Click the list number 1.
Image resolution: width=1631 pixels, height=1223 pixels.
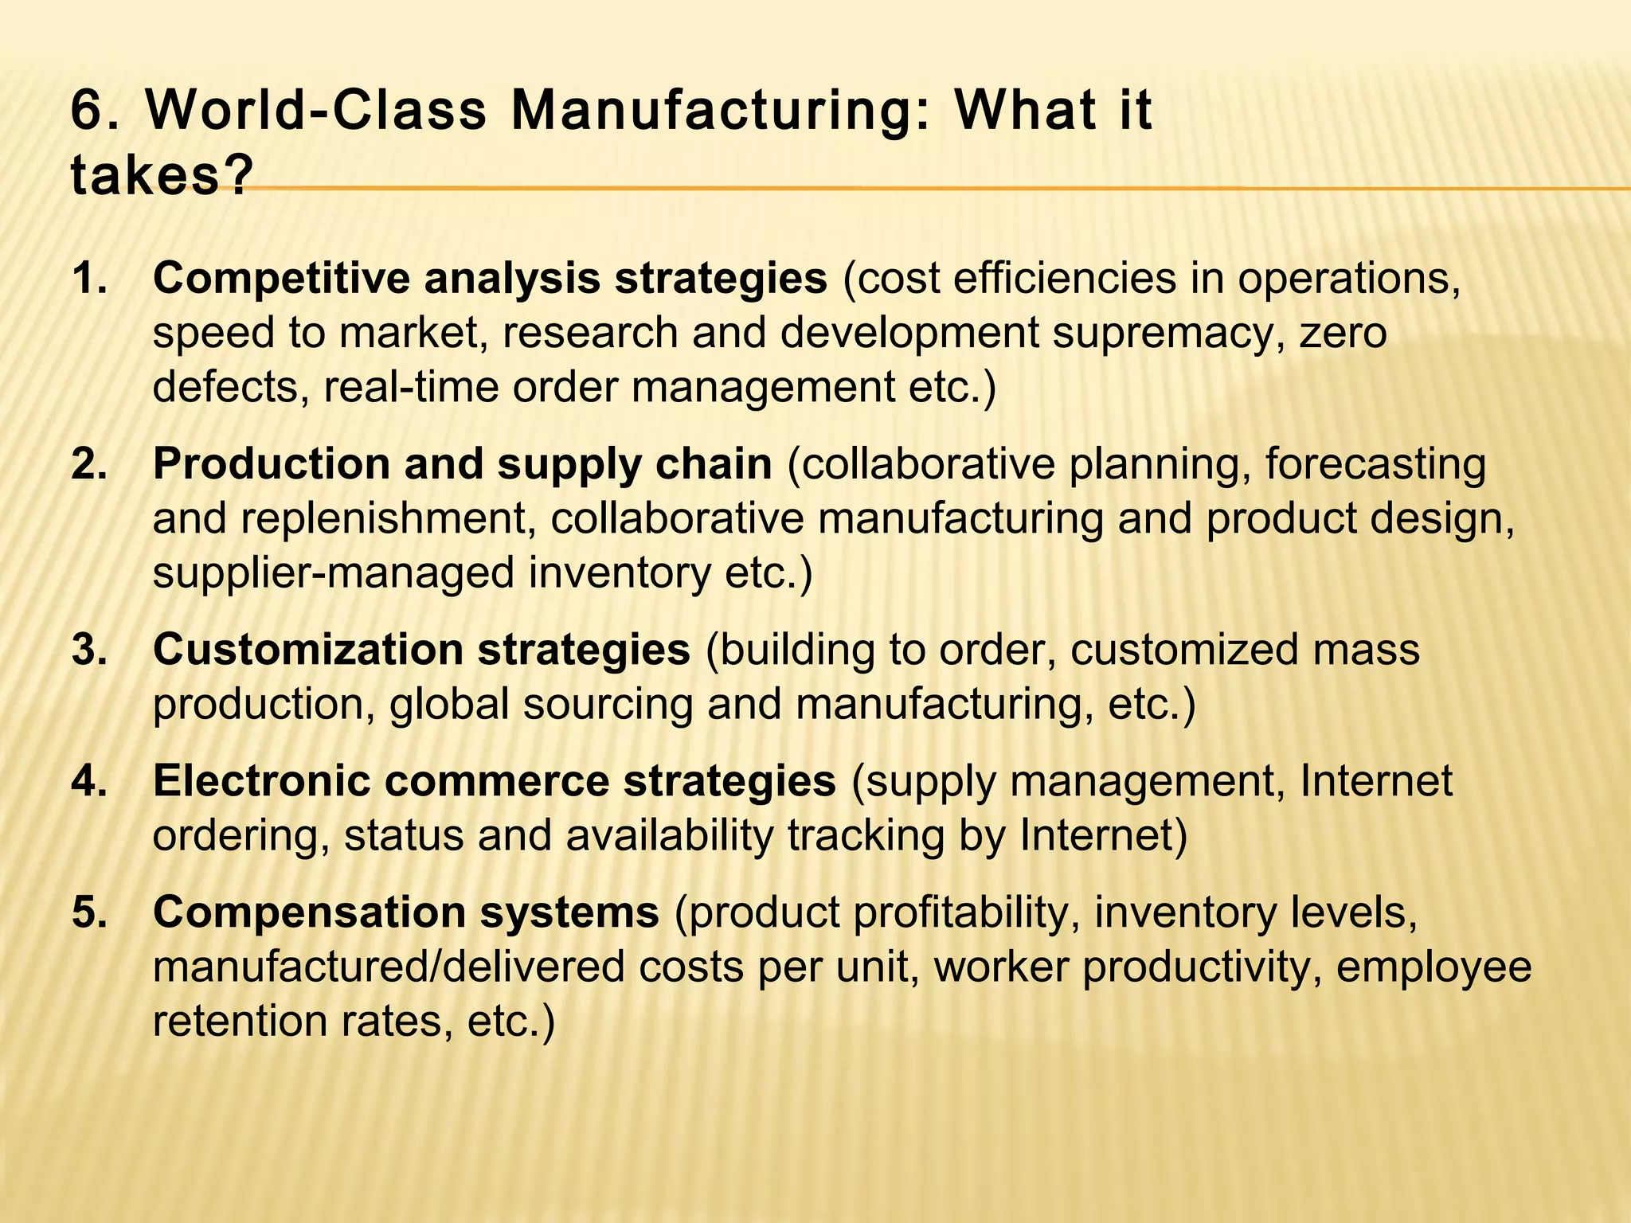click(x=88, y=279)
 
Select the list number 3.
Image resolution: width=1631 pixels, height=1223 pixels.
click(x=88, y=650)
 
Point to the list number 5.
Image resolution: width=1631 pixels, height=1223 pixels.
click(x=88, y=912)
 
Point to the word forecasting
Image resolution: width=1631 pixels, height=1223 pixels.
click(x=1375, y=464)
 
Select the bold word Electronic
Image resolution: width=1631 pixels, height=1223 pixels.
click(x=261, y=781)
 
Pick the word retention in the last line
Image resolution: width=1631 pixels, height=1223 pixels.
click(x=240, y=1021)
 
